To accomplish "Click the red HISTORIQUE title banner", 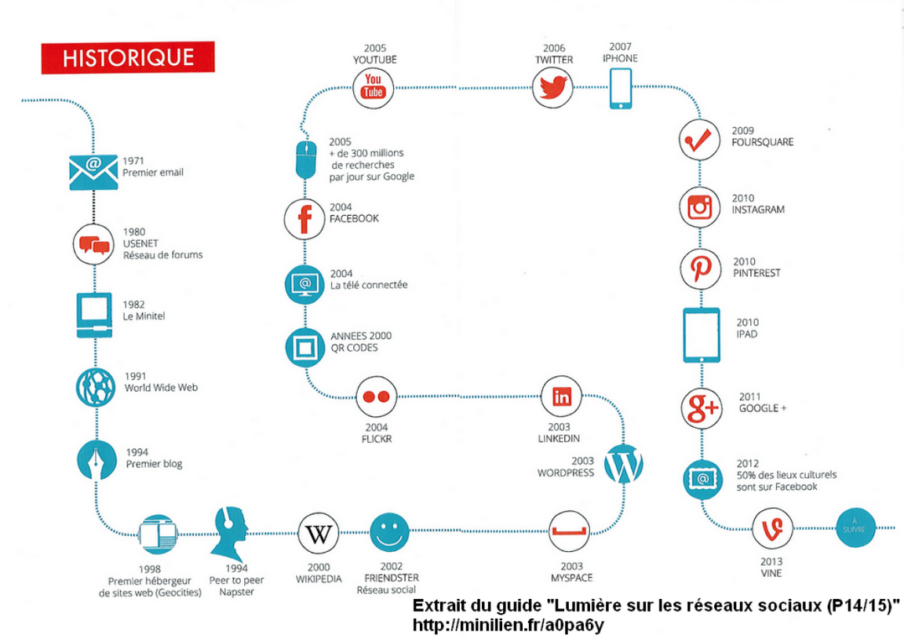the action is tap(128, 57).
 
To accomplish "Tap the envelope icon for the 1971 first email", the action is tap(93, 172).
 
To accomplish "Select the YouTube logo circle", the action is tap(373, 87).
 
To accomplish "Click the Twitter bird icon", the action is tap(552, 87).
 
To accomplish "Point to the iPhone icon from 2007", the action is tap(621, 88).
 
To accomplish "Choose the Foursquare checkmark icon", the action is tap(698, 140).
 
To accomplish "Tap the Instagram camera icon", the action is tap(700, 207).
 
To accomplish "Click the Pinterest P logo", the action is tap(701, 268).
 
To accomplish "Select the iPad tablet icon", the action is tap(701, 335).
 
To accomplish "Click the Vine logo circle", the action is tap(772, 528).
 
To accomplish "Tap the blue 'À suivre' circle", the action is tap(855, 528).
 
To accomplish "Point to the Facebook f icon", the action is tap(304, 219).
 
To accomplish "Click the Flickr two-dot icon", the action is tap(376, 396).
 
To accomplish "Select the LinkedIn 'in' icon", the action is tap(562, 396).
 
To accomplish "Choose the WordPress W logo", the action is tap(624, 464).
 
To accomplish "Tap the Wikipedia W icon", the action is tap(319, 534).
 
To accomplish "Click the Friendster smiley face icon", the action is tap(389, 533).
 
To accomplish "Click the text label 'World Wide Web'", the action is tap(162, 388).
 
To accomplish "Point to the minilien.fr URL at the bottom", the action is tap(508, 625).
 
